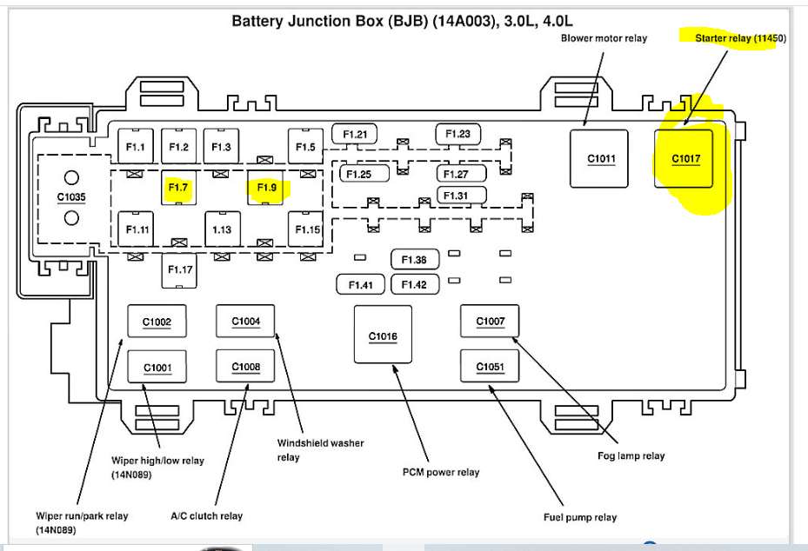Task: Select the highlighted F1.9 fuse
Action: coord(265,187)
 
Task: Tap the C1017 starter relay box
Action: coord(685,158)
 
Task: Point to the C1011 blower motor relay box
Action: coord(601,158)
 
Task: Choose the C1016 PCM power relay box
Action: coord(383,335)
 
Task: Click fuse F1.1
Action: coord(136,147)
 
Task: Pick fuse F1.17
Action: coord(180,270)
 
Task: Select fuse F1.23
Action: coord(457,134)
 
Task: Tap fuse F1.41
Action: coord(360,284)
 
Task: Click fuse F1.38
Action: coord(414,260)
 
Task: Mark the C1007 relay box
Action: coord(490,322)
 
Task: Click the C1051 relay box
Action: coord(490,367)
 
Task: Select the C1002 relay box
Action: coord(157,322)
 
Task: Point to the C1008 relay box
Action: coord(245,367)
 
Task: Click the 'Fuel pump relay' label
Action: coord(580,517)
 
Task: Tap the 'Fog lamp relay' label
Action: coord(631,456)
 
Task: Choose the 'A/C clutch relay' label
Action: coord(206,515)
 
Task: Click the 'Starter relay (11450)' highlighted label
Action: coord(740,38)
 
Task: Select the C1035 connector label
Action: coord(71,197)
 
